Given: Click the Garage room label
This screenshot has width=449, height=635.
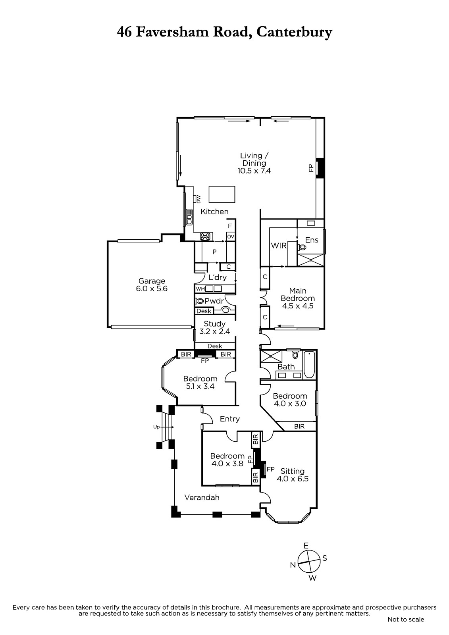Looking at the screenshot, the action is click(152, 281).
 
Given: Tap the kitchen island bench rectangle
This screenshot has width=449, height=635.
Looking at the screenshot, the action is click(222, 194).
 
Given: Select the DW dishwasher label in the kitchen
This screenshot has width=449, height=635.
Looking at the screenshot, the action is click(198, 199).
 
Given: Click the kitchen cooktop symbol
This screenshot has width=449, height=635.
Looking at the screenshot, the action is click(206, 237).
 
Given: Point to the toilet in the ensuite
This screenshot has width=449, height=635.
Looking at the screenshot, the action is click(302, 247).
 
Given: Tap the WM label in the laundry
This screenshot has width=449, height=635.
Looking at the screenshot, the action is click(200, 289).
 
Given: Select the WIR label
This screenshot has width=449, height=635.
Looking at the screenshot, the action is click(279, 246).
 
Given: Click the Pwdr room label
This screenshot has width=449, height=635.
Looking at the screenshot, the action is click(214, 301).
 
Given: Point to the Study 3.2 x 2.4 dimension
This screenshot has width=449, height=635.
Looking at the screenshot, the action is click(215, 331).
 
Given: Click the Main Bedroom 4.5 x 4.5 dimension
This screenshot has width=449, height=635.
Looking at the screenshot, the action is click(297, 306).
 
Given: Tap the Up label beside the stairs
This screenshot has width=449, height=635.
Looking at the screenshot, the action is click(156, 427).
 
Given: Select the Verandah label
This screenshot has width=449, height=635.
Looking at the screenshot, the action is click(202, 498).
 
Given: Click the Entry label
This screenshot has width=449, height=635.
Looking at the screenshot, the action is click(230, 419).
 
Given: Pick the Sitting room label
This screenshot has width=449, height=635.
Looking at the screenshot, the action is click(293, 471).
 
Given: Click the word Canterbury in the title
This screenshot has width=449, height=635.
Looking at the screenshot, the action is click(294, 33).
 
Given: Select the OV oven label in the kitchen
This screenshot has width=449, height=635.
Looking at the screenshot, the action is click(231, 237).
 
